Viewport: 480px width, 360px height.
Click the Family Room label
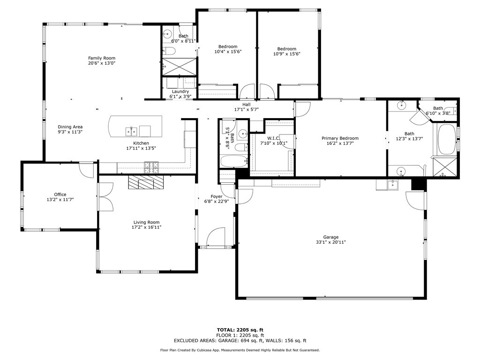[102, 58]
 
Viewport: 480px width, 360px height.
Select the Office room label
[60, 195]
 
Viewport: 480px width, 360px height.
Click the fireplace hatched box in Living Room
[146, 182]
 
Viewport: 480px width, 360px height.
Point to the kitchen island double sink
[131, 130]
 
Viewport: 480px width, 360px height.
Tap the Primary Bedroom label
[340, 138]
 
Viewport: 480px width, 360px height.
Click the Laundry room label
[180, 91]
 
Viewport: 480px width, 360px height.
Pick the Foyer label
[216, 196]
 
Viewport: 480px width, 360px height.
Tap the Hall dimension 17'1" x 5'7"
[247, 109]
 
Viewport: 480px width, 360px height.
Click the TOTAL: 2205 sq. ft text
[240, 330]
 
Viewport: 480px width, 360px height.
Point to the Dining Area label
[70, 127]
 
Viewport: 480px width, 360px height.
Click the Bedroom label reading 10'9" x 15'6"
[286, 49]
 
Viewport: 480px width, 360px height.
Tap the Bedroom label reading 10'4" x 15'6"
[228, 46]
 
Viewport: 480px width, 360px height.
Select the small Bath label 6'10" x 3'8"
[438, 108]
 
